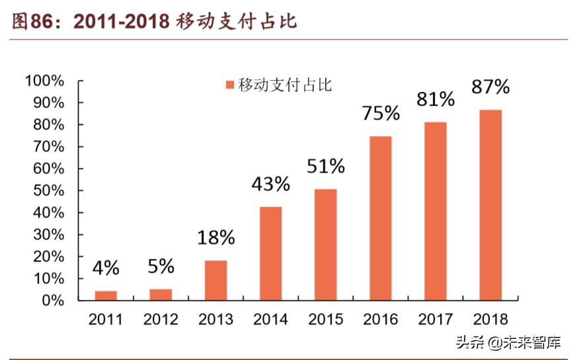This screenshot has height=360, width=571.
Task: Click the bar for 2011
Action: [x=106, y=295]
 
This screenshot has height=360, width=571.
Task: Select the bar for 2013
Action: [x=215, y=280]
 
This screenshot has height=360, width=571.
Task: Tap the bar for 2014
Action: [x=270, y=254]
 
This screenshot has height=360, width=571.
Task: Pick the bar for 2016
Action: [x=380, y=218]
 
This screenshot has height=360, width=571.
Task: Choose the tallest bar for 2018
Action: [x=490, y=205]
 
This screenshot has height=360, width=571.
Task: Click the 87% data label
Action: [x=490, y=87]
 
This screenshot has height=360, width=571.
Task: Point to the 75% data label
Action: [x=381, y=113]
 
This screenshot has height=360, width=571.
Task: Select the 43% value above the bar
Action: [x=270, y=184]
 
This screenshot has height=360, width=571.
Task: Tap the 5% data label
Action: [x=161, y=266]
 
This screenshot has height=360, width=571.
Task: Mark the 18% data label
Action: [x=215, y=238]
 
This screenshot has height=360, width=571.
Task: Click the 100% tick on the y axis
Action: [x=44, y=81]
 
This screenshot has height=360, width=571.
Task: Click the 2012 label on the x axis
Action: [x=161, y=320]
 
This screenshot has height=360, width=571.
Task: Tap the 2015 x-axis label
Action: [x=325, y=320]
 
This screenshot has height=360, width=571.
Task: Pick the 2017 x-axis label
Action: [x=436, y=320]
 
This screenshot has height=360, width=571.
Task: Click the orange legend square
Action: [x=230, y=85]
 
